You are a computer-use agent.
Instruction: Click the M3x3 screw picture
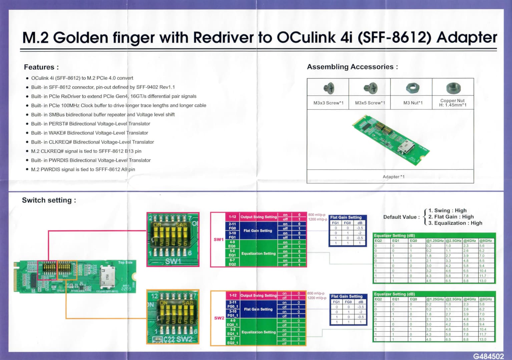329,88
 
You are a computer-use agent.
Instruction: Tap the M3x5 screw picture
370,88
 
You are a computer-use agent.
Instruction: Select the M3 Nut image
413,88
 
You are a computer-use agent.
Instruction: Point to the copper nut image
453,88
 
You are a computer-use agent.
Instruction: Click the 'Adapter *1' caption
394,177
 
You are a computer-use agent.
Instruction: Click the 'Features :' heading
41,67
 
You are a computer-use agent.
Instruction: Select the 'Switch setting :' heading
49,200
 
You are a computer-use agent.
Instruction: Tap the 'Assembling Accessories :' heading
352,67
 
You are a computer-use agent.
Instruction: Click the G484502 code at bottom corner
488,356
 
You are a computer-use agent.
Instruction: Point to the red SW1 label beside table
219,239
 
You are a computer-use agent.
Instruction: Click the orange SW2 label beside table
219,318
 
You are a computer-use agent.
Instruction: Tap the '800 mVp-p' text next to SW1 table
317,215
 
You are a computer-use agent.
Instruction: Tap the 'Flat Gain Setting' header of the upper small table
346,217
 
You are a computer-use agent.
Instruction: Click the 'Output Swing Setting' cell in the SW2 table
259,295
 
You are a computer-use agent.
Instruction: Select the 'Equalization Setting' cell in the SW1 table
259,253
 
